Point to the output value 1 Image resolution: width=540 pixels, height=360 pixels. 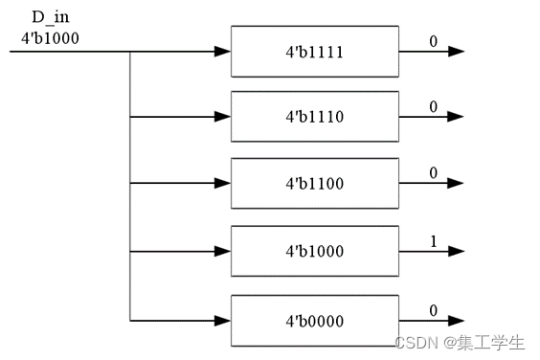click(432, 242)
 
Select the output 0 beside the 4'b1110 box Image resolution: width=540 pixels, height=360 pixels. click(432, 107)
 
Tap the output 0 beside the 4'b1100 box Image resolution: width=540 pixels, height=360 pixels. click(432, 174)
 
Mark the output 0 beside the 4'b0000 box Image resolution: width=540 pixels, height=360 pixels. click(432, 308)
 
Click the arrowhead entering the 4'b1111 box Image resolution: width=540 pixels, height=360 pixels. click(222, 51)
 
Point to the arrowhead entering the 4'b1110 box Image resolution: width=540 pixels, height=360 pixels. click(222, 117)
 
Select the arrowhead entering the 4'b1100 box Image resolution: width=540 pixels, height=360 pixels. click(222, 184)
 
